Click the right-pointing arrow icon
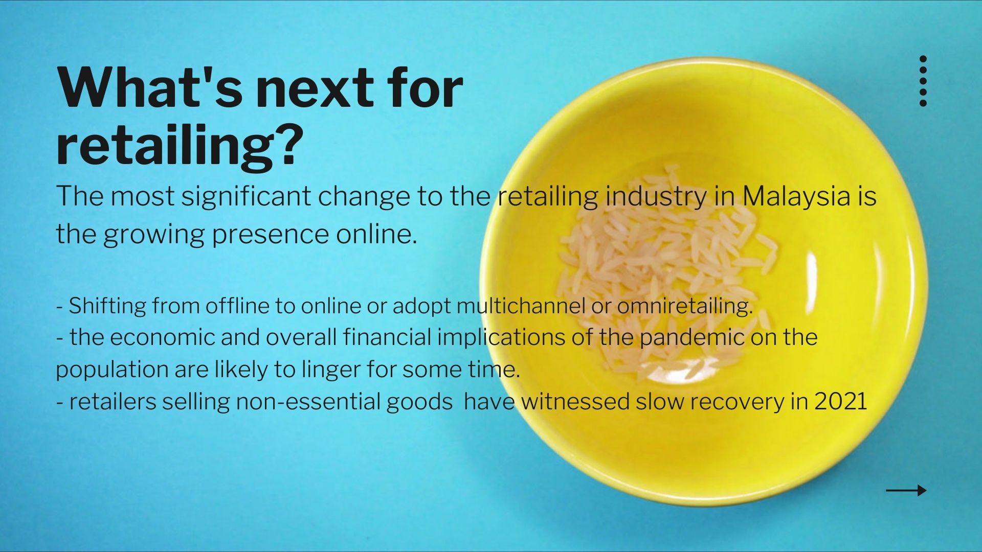point(906,491)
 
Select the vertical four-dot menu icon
point(923,81)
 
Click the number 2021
point(841,401)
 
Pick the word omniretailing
point(685,306)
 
